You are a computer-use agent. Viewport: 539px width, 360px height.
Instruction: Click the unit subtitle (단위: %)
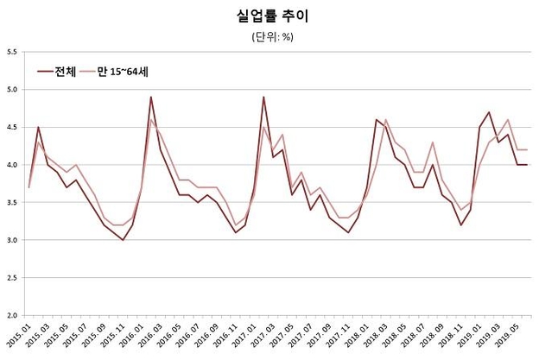[270, 36]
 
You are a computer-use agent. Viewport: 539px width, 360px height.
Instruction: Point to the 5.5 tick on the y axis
[12, 53]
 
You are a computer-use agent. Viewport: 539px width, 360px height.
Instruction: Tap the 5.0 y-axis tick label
[12, 90]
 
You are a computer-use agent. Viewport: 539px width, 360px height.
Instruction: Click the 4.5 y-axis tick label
[12, 127]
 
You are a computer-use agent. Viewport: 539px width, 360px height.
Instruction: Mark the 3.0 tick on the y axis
[12, 239]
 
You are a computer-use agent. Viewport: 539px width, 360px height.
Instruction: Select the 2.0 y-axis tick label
[12, 314]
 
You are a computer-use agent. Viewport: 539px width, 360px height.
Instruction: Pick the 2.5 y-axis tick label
[12, 277]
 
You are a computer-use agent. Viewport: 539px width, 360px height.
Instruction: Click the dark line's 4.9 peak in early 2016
[151, 97]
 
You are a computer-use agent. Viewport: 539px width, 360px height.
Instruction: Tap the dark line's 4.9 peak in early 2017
[263, 97]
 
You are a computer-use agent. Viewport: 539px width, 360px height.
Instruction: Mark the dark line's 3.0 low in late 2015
[123, 239]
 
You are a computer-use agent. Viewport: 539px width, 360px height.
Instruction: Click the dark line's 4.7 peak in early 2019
[489, 112]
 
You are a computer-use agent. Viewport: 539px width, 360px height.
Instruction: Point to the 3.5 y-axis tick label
[12, 202]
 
